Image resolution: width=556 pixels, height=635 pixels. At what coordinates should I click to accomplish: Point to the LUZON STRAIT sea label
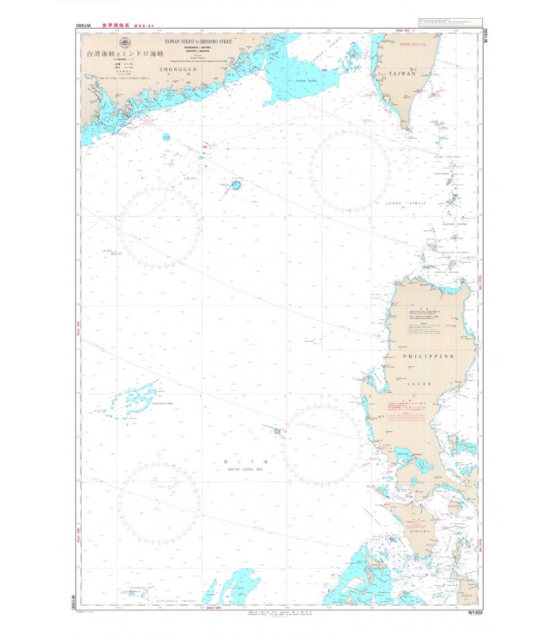405,204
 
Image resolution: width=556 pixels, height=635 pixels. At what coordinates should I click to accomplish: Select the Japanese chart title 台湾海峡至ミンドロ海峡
126,56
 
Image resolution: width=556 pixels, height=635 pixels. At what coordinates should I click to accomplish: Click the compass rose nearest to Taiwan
349,171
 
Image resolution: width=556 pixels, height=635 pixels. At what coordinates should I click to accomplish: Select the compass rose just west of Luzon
322,445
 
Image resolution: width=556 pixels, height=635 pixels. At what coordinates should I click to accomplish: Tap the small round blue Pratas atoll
236,186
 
